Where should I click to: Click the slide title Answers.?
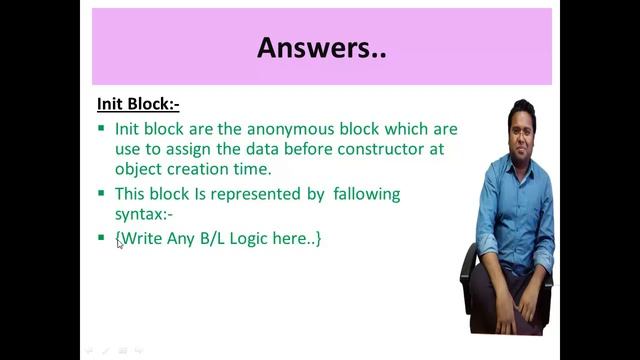click(321, 47)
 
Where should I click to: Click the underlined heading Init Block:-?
click(138, 103)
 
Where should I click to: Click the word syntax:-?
click(144, 214)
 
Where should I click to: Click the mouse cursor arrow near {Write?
click(119, 243)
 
